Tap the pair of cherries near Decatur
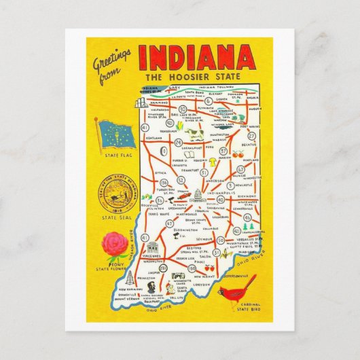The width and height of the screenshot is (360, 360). click(x=237, y=154)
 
